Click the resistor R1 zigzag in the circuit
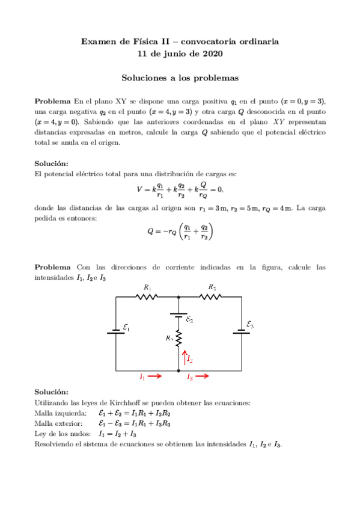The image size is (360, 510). [147, 296]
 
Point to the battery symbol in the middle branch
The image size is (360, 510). [178, 314]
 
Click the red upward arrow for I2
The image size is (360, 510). [185, 357]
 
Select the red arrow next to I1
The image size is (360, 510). [154, 377]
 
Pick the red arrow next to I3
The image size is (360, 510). [203, 377]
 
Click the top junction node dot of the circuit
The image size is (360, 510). [178, 296]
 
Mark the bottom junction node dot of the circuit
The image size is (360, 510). [178, 371]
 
